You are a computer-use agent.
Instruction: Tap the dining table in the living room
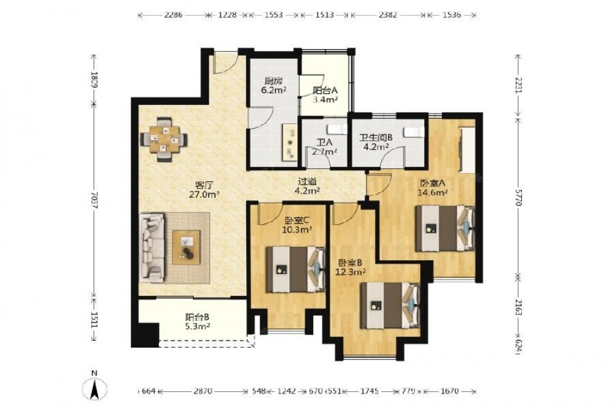[164, 139]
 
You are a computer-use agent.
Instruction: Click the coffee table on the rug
[186, 247]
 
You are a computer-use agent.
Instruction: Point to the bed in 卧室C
[296, 269]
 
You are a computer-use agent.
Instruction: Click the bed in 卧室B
[390, 306]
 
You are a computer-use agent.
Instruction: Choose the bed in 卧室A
[445, 228]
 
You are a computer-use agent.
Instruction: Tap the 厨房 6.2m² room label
[273, 86]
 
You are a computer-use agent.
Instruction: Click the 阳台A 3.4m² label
[325, 95]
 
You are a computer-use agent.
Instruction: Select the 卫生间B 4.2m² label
[375, 142]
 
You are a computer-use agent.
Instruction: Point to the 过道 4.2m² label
[308, 186]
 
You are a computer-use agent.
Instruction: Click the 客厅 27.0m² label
[204, 189]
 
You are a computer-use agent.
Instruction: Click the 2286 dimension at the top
[173, 15]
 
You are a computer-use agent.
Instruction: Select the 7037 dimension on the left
[94, 200]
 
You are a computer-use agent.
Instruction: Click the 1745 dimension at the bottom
[369, 391]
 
